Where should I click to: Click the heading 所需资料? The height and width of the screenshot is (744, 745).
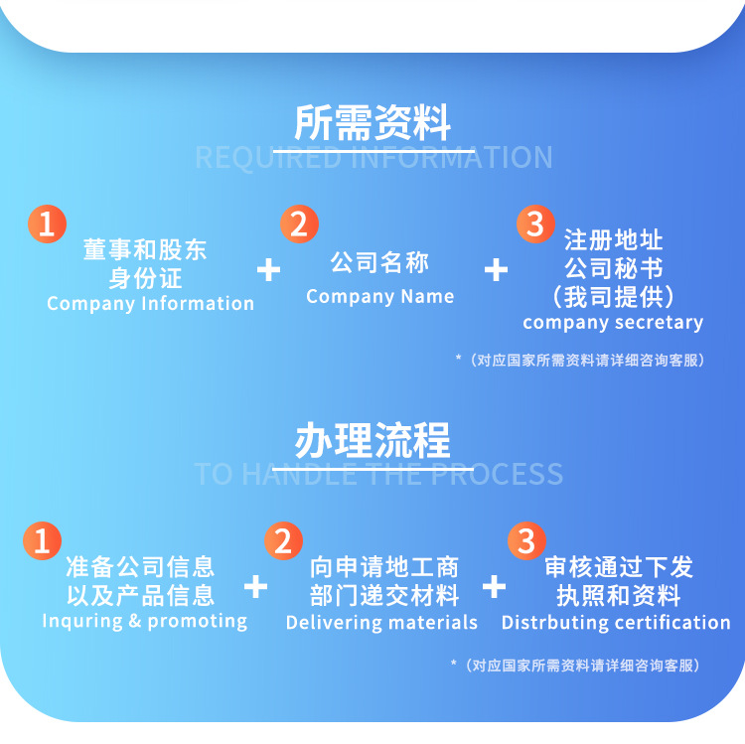pyautogui.click(x=372, y=122)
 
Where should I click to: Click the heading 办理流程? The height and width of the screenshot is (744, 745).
pyautogui.click(x=372, y=440)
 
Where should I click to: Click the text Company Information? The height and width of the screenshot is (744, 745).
pyautogui.click(x=150, y=304)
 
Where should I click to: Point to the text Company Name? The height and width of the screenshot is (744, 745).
pyautogui.click(x=379, y=296)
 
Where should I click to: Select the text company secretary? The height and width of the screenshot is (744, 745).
pyautogui.click(x=612, y=323)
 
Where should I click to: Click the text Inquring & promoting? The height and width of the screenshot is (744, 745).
pyautogui.click(x=144, y=621)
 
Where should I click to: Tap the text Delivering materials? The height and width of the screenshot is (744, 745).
pyautogui.click(x=381, y=623)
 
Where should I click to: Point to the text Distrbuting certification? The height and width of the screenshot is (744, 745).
pyautogui.click(x=615, y=623)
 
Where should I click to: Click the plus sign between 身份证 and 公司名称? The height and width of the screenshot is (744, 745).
pyautogui.click(x=268, y=269)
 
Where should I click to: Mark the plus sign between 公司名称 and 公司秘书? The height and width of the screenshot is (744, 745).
pyautogui.click(x=496, y=269)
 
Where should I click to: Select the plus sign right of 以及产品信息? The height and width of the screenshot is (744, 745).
pyautogui.click(x=256, y=586)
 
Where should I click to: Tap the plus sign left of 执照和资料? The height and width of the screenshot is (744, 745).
pyautogui.click(x=494, y=586)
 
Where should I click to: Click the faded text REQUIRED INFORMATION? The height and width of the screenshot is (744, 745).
pyautogui.click(x=372, y=157)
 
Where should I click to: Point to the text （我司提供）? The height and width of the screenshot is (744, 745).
pyautogui.click(x=613, y=296)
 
